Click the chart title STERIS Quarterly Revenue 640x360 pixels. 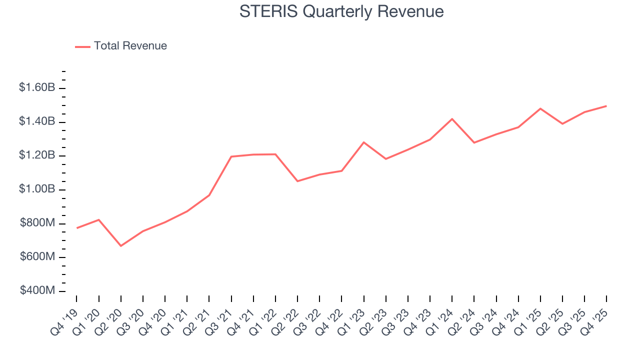[x=341, y=11]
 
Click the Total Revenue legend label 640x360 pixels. [x=130, y=46]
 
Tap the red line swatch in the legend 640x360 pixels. [x=82, y=46]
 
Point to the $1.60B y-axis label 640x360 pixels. [x=37, y=88]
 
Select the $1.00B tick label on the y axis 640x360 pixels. [x=37, y=189]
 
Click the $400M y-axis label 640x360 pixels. [x=37, y=291]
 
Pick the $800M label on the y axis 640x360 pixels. [x=37, y=223]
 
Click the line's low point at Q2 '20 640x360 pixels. [x=121, y=245]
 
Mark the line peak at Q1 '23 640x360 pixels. [x=363, y=142]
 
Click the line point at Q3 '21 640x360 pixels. [x=231, y=156]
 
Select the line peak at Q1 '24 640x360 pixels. [x=452, y=119]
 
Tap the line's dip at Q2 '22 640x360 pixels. [x=297, y=181]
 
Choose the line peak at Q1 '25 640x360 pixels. [x=540, y=108]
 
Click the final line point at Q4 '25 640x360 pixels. [x=606, y=106]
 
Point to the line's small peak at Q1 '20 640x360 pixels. [x=99, y=219]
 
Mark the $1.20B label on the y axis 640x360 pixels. [x=37, y=155]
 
